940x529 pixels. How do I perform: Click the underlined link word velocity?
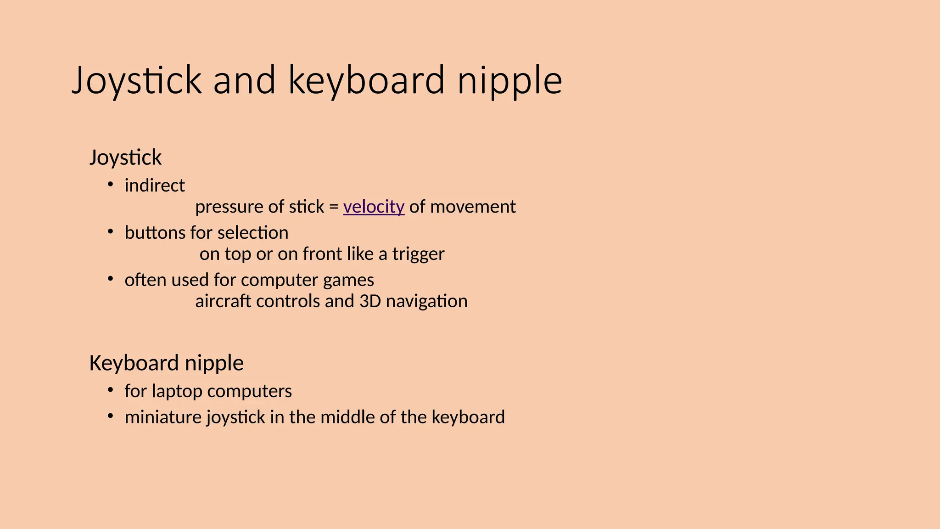click(374, 207)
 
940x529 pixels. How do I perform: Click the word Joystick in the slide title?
click(137, 81)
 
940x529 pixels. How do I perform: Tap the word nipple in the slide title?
click(509, 81)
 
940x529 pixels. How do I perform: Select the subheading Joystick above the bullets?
click(125, 158)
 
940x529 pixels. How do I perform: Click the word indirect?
click(155, 186)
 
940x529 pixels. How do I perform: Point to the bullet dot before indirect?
click(110, 185)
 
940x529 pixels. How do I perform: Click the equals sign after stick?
click(334, 207)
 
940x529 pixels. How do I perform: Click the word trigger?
click(418, 254)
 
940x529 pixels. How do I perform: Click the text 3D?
click(370, 301)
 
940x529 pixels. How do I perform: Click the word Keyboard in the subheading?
click(134, 363)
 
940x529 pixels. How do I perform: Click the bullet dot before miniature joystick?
click(110, 416)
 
